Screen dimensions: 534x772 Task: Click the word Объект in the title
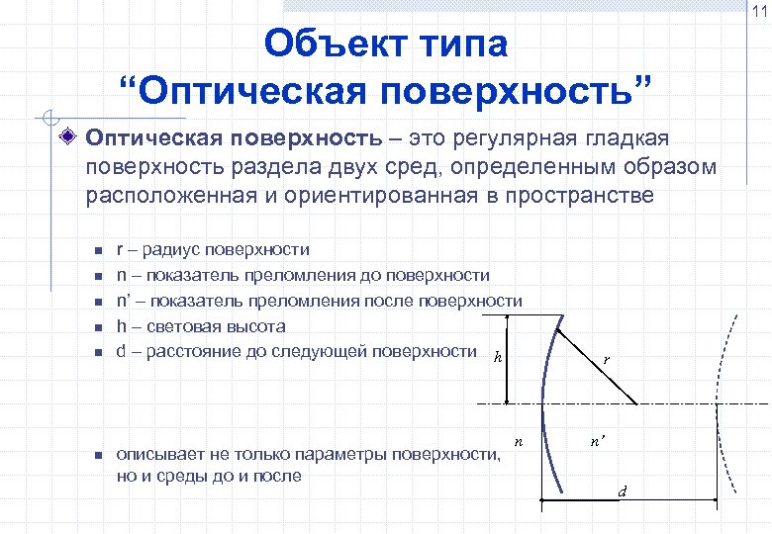(333, 44)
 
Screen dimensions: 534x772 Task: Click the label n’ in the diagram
(598, 444)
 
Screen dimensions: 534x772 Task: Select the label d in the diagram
(622, 490)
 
